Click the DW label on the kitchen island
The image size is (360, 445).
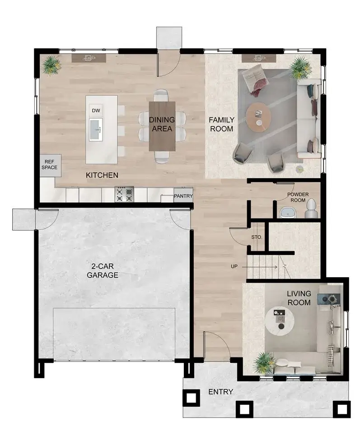tap(95, 111)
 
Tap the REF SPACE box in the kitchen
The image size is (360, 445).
tap(50, 164)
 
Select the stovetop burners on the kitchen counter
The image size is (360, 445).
tap(124, 195)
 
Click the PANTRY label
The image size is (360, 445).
tap(183, 196)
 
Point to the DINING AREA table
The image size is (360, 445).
tap(162, 125)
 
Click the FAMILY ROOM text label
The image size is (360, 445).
tap(221, 124)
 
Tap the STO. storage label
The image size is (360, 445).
tap(257, 238)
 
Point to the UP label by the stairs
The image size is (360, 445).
tap(234, 267)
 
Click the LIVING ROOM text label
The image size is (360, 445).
tap(299, 298)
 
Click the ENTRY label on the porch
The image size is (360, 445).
tap(220, 392)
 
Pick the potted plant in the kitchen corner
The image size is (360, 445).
tap(51, 65)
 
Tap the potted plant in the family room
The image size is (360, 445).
tap(299, 68)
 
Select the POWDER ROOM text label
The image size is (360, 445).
tap(298, 197)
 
